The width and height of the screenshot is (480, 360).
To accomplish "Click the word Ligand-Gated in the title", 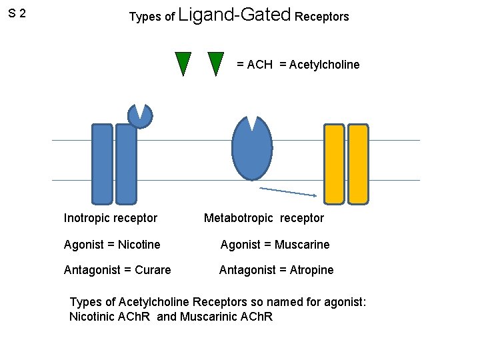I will pyautogui.click(x=235, y=15).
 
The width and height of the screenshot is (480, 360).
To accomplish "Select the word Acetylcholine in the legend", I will pyautogui.click(x=319, y=65).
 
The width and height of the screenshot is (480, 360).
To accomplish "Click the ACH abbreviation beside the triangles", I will pyautogui.click(x=259, y=65).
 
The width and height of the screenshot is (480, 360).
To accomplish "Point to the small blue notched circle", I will pyautogui.click(x=140, y=115).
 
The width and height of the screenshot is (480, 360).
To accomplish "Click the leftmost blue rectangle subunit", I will pyautogui.click(x=102, y=163).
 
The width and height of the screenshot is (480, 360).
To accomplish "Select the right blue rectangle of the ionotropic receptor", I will pyautogui.click(x=126, y=163).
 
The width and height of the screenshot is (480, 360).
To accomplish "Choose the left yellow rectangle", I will pyautogui.click(x=334, y=163).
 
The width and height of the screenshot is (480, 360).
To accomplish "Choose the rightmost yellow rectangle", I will pyautogui.click(x=358, y=163).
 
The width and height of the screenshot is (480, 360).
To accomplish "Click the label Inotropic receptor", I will pyautogui.click(x=111, y=218).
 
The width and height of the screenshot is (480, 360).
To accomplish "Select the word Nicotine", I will pyautogui.click(x=139, y=245).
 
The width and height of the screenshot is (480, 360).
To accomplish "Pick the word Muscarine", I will pyautogui.click(x=303, y=245).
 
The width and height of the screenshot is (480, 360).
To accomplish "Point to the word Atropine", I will pyautogui.click(x=311, y=270).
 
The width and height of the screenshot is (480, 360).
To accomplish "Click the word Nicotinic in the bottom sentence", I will pyautogui.click(x=93, y=317).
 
